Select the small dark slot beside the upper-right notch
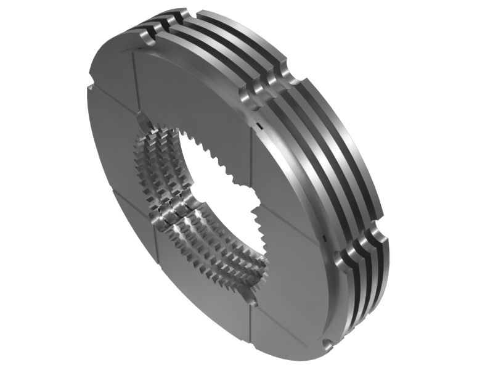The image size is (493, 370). point(259,126)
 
